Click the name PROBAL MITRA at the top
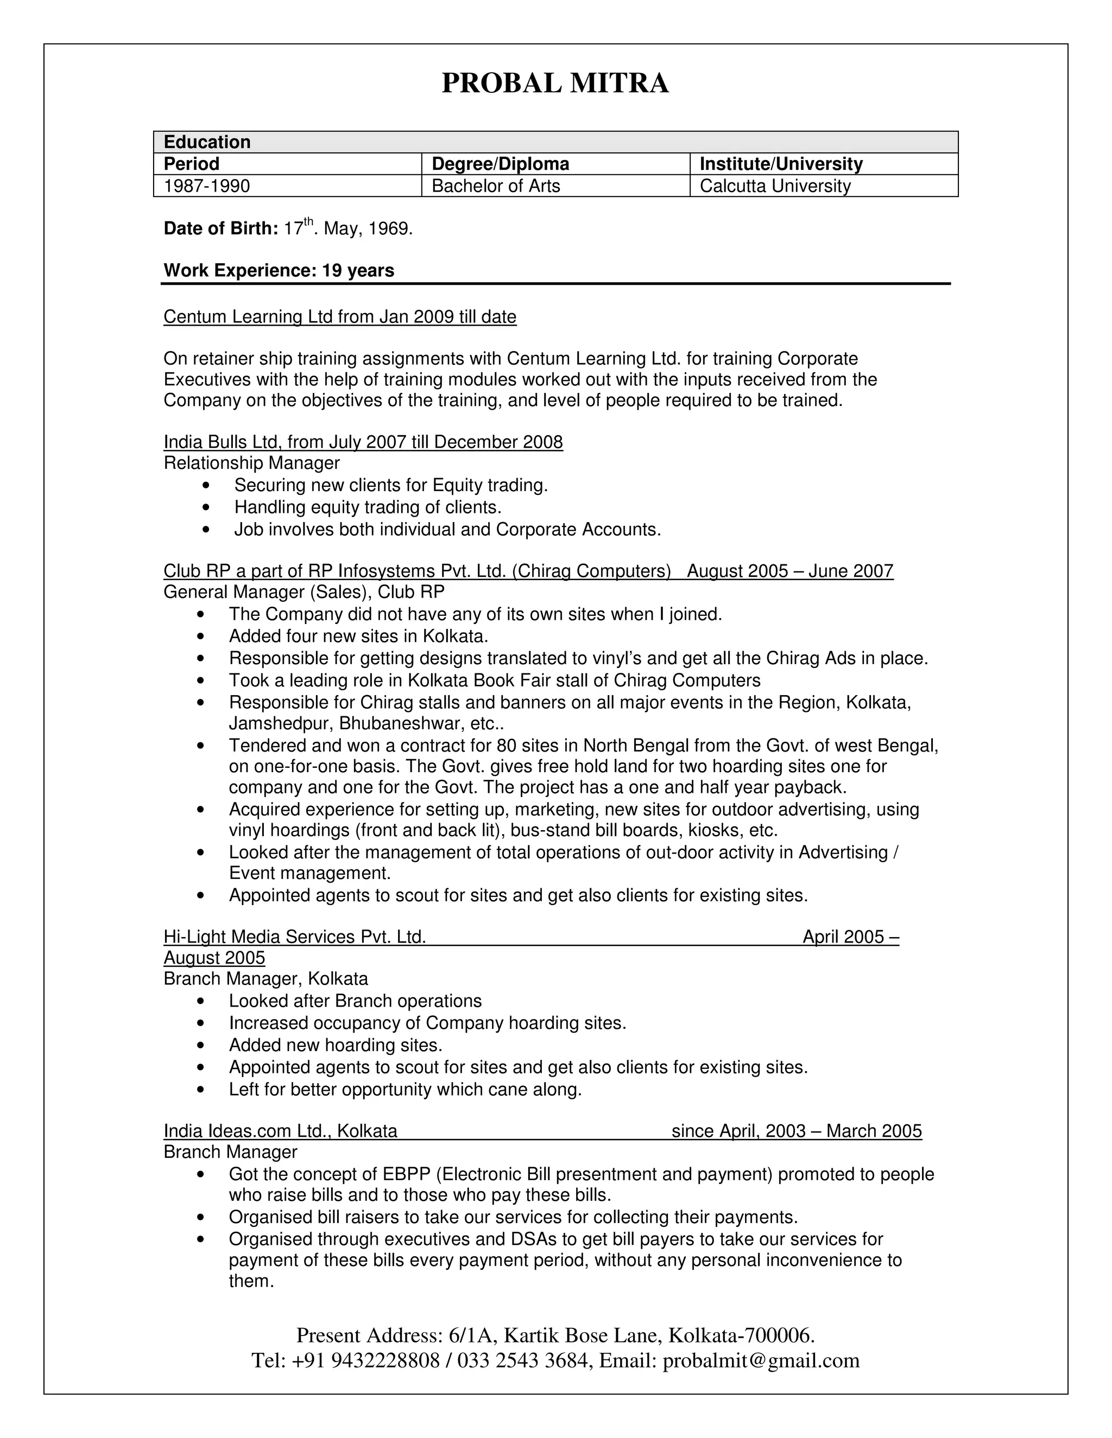pyautogui.click(x=555, y=84)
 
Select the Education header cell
pyautogui.click(x=207, y=142)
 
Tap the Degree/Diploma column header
pyautogui.click(x=500, y=164)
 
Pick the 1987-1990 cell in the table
pyautogui.click(x=207, y=186)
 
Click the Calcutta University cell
pyautogui.click(x=775, y=186)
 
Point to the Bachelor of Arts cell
pyautogui.click(x=495, y=186)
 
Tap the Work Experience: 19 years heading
pyautogui.click(x=279, y=271)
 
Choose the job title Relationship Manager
pyautogui.click(x=251, y=463)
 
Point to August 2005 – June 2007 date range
pyautogui.click(x=790, y=571)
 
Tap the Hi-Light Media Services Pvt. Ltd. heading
pyautogui.click(x=294, y=937)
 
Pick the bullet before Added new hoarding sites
pyautogui.click(x=201, y=1046)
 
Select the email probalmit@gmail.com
pyautogui.click(x=761, y=1360)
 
